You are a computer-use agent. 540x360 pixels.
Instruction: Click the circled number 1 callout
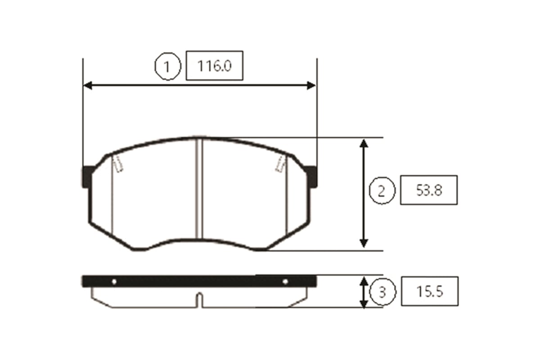167,66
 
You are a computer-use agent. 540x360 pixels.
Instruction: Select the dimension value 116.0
214,66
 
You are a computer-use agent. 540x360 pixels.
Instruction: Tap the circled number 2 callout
382,191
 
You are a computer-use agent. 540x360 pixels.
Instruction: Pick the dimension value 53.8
429,190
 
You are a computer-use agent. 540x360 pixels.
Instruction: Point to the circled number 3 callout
382,292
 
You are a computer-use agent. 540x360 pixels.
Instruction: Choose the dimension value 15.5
430,292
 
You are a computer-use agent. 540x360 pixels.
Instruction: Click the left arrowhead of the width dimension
88,85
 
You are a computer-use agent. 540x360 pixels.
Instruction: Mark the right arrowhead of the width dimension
311,85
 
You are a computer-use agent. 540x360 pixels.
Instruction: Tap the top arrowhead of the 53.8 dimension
364,143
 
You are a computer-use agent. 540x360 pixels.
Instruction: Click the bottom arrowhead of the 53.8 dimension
364,243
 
